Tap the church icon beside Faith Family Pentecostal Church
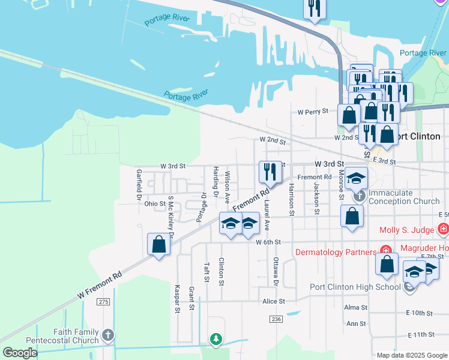coord(107,334)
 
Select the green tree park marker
coord(215,340)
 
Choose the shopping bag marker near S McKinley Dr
coord(158,244)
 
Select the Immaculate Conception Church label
coord(404,197)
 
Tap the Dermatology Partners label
coord(336,252)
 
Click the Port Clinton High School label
coord(355,287)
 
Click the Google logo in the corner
coord(20,353)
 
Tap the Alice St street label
coord(272,301)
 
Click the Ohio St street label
coord(154,204)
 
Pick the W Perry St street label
coord(313,112)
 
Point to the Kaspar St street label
coord(178,298)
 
